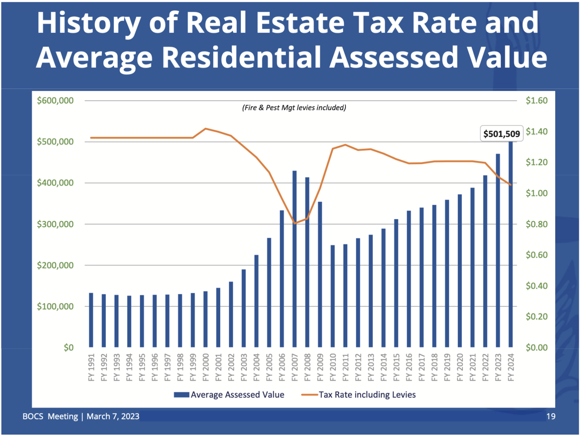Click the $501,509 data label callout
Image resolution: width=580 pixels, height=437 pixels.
[501, 134]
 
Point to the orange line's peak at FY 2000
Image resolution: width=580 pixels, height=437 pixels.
[205, 129]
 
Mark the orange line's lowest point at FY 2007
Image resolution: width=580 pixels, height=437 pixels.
[295, 223]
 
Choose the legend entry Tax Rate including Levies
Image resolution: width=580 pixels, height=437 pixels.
[359, 395]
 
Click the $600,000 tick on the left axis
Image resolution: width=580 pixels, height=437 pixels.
[55, 101]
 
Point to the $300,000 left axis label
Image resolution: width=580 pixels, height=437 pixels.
[55, 224]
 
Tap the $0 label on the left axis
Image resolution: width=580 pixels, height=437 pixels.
[68, 348]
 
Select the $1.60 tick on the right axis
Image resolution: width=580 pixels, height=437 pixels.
[536, 101]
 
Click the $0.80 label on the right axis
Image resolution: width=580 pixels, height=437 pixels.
[536, 224]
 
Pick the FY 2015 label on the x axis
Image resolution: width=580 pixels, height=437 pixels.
[396, 367]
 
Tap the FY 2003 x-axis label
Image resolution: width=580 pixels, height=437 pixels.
[244, 367]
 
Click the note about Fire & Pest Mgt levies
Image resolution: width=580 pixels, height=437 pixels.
[294, 108]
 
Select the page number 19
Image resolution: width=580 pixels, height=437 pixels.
[550, 417]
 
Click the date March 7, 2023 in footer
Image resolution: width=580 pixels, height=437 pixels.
[113, 417]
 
